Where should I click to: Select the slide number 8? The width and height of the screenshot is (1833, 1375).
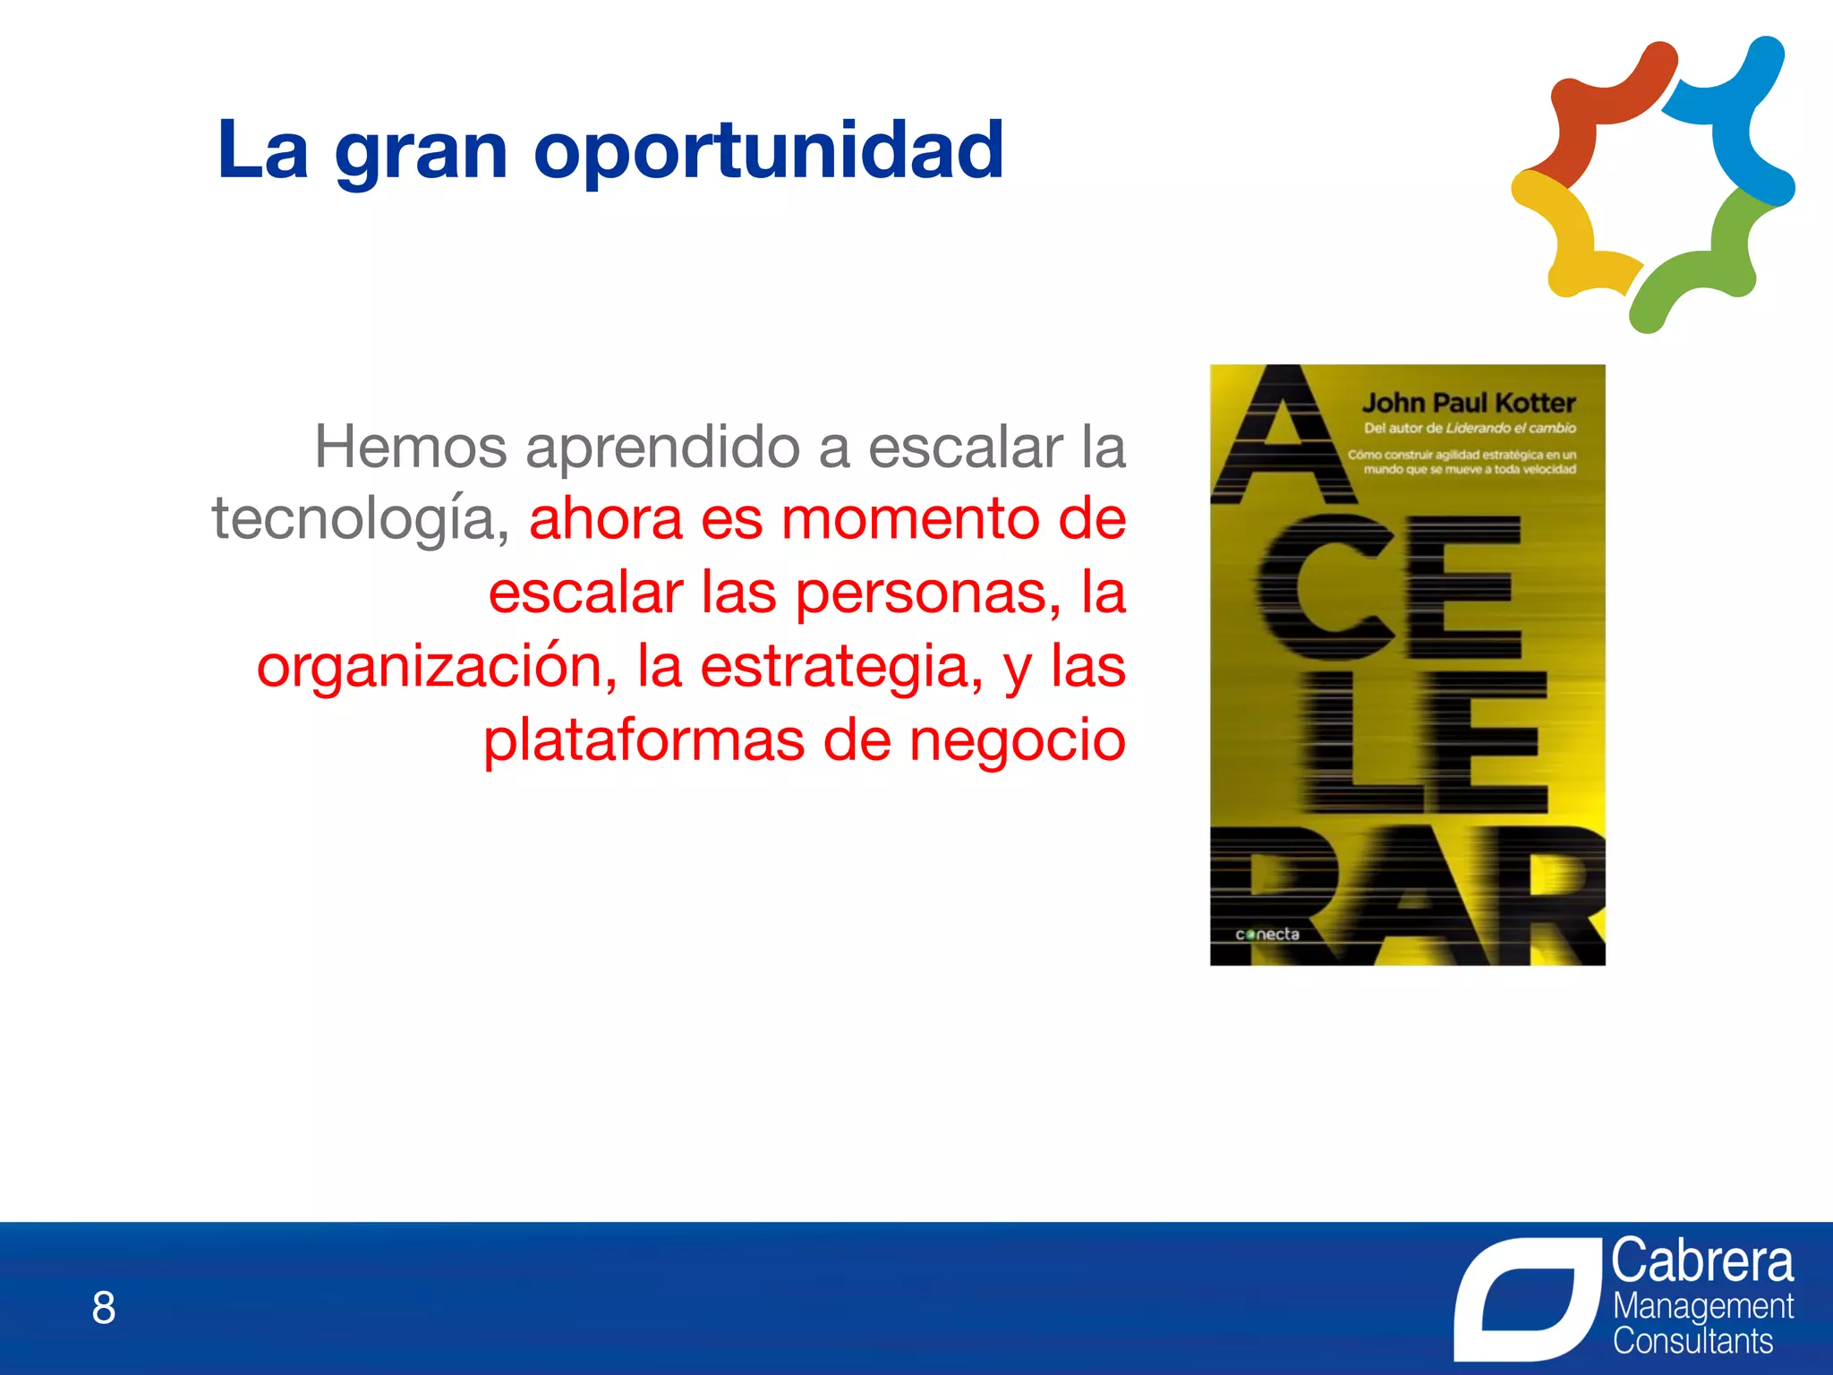(x=104, y=1308)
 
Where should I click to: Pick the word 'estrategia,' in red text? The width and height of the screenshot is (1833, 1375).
(x=841, y=668)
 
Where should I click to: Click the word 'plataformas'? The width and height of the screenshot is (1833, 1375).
(x=644, y=741)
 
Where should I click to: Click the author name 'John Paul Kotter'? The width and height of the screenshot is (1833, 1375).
(x=1468, y=403)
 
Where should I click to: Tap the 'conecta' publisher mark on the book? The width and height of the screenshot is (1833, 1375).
(x=1266, y=935)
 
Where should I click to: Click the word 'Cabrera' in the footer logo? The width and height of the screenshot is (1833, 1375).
(x=1702, y=1261)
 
